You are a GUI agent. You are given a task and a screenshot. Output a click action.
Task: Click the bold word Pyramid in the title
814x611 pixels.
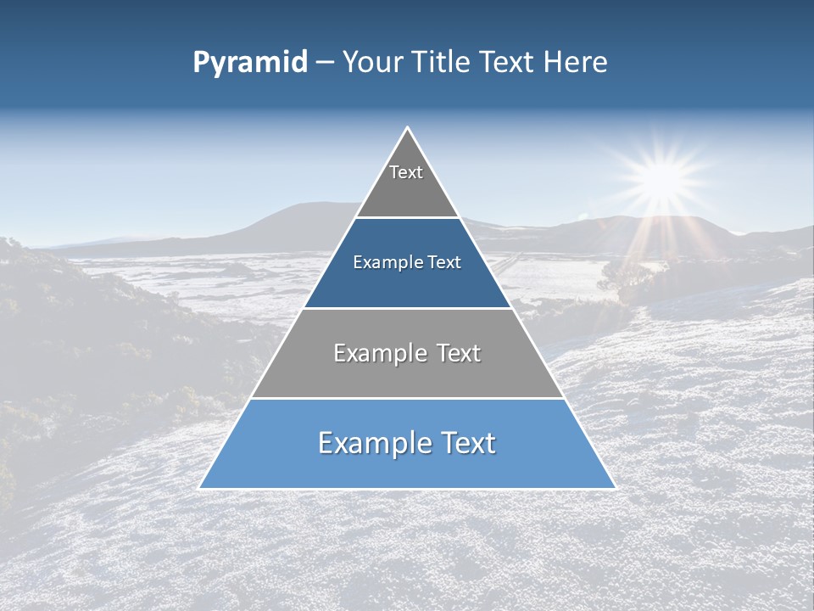click(249, 63)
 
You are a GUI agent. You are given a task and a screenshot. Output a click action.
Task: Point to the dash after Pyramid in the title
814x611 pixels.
click(324, 63)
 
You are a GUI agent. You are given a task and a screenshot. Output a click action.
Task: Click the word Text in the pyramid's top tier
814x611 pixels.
click(406, 172)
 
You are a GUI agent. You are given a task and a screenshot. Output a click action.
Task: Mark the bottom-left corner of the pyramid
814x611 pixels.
click(200, 488)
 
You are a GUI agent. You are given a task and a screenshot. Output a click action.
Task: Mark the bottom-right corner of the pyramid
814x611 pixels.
click(615, 488)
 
